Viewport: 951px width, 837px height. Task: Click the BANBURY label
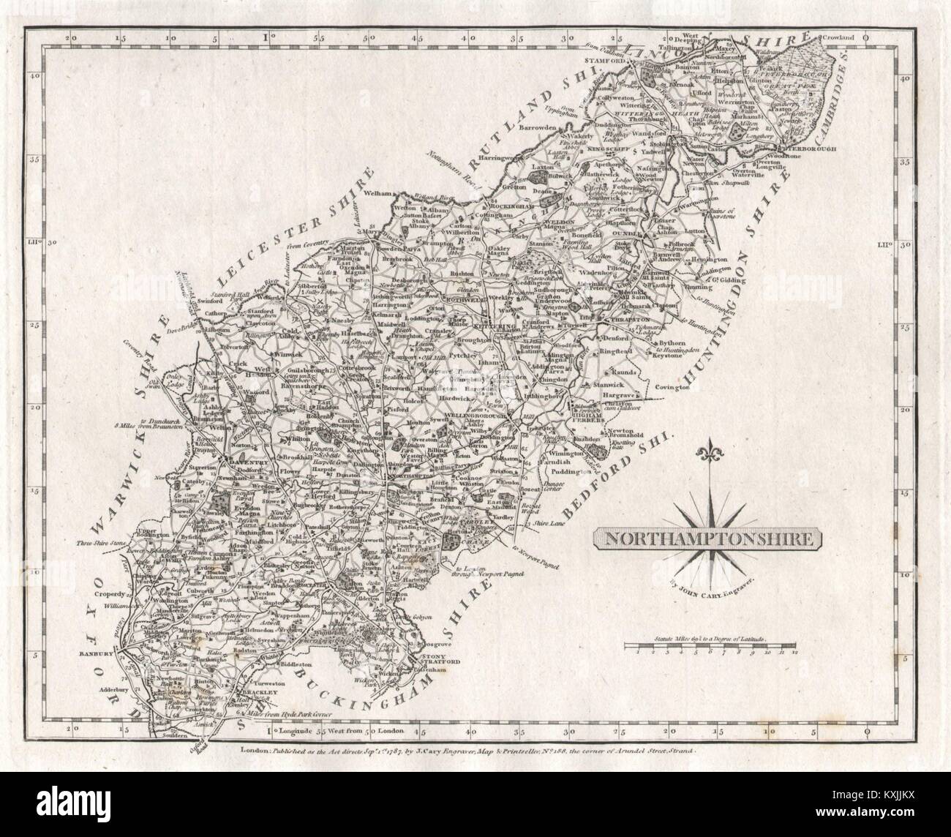pyautogui.click(x=95, y=654)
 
